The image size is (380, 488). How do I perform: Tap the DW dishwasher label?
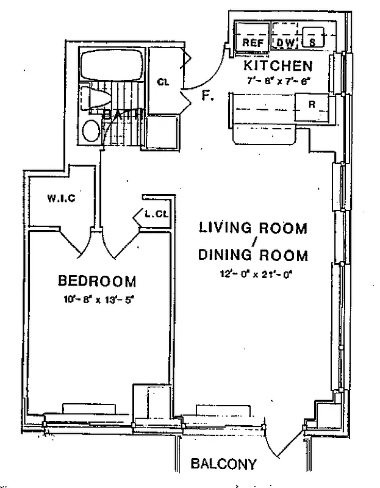pos(285,42)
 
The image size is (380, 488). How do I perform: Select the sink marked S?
pos(312,41)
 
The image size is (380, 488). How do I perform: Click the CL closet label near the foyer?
pos(163,82)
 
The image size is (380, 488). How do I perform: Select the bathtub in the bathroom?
pos(112,64)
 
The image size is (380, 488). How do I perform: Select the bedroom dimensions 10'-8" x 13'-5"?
pos(97,299)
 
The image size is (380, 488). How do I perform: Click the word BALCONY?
pos(223,463)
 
